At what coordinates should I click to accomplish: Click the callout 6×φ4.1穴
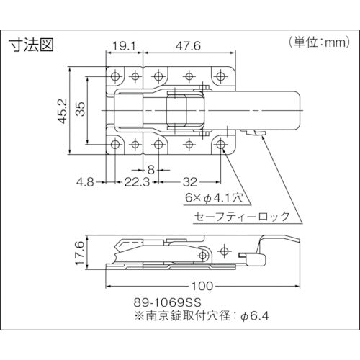[217, 196]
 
